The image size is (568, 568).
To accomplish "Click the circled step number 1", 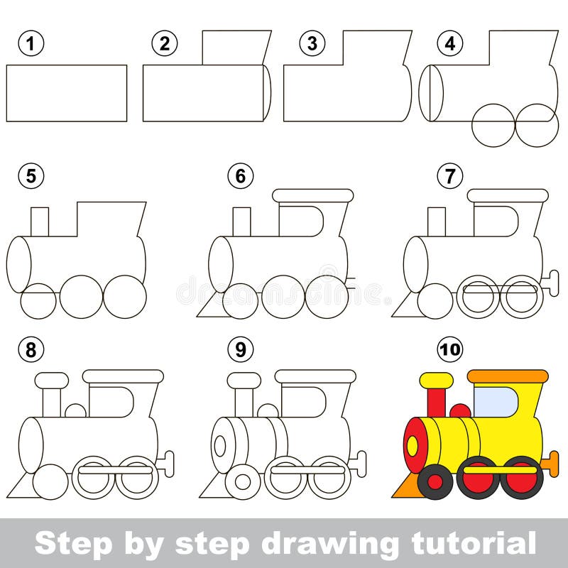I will (x=31, y=43).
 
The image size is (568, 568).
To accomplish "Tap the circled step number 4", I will (x=450, y=43).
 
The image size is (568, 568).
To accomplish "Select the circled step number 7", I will (x=450, y=175).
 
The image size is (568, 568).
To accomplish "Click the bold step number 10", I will (x=450, y=349).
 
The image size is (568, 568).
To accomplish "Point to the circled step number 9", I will (x=241, y=349).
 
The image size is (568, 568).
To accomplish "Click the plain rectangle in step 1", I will (x=67, y=93).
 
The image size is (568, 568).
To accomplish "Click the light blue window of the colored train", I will (x=495, y=402).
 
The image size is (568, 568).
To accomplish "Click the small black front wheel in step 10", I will (x=435, y=482).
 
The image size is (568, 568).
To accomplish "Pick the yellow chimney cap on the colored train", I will (x=436, y=381).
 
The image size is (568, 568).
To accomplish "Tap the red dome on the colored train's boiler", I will (x=460, y=411).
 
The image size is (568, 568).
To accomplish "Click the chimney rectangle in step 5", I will (x=40, y=222).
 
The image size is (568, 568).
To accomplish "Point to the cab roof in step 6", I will (x=312, y=195).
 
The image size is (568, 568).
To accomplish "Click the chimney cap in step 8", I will (x=52, y=381).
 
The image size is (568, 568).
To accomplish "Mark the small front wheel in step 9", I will (x=243, y=482).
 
